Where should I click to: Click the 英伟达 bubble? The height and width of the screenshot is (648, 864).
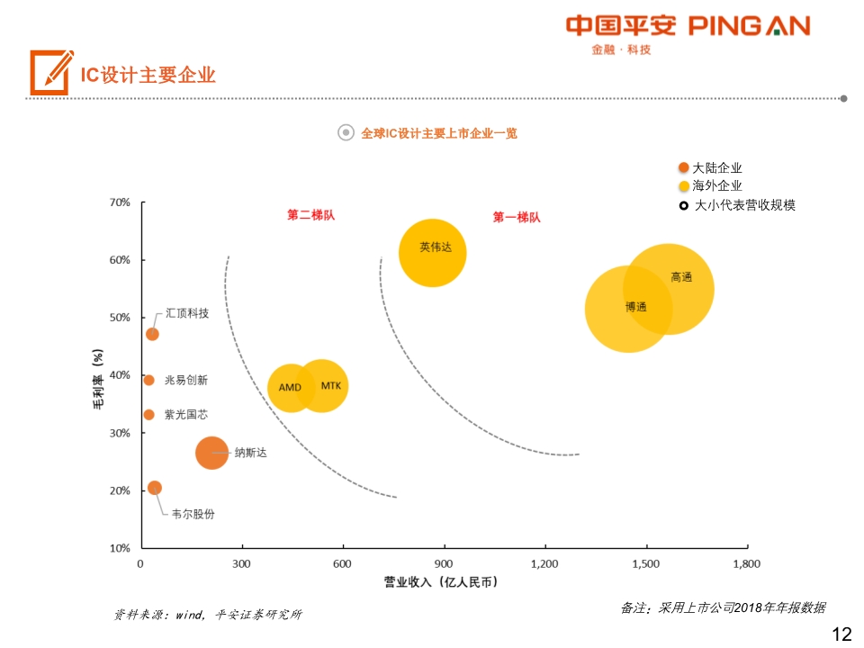[x=433, y=253]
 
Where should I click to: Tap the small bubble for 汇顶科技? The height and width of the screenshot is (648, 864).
[x=152, y=334]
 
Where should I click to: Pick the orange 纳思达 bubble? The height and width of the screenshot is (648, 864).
[x=211, y=453]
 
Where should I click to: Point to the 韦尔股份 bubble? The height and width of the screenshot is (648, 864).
[x=154, y=488]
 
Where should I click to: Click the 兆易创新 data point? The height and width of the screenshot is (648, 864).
[x=148, y=380]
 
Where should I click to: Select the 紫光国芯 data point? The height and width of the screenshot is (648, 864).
[x=148, y=415]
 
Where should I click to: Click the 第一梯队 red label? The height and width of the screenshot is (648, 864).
[x=517, y=217]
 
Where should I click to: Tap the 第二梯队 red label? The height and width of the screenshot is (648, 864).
[x=310, y=215]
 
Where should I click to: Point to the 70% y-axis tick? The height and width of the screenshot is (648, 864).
[x=120, y=202]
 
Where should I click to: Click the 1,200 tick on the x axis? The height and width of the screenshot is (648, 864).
[x=544, y=563]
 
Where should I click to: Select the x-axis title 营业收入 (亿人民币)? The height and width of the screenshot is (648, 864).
[x=440, y=582]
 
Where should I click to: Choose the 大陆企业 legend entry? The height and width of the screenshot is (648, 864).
[x=716, y=167]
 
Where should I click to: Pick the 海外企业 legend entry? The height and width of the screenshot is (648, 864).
[x=716, y=185]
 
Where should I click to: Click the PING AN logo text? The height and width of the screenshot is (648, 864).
[x=749, y=25]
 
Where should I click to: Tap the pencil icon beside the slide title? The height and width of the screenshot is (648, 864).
[x=50, y=72]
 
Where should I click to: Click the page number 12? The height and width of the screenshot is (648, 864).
[x=841, y=634]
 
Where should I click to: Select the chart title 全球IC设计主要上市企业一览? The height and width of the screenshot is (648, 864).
[x=439, y=133]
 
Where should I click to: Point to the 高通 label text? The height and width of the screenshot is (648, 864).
[x=681, y=277]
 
